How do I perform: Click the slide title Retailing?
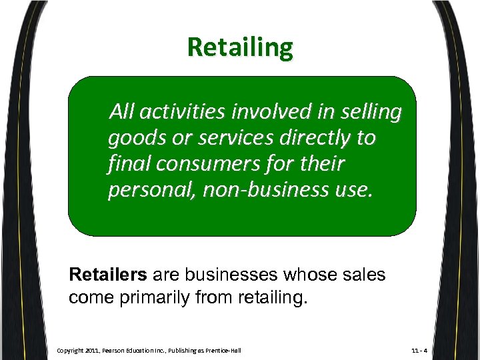click(240, 48)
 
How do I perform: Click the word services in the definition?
click(221, 138)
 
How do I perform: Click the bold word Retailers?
click(109, 274)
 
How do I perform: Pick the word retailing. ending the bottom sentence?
click(273, 297)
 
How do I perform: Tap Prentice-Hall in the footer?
click(223, 350)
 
